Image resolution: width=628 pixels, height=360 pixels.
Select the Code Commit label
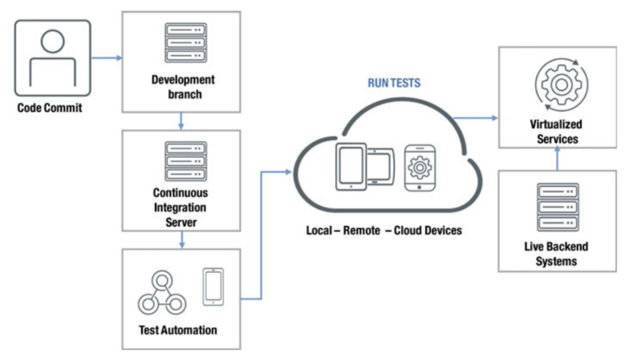pos(50,108)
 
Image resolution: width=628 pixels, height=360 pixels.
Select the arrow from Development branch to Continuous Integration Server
pos(181,121)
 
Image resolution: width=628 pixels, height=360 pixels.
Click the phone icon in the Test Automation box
pos(212,287)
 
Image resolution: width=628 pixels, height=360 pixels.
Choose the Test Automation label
pos(180,329)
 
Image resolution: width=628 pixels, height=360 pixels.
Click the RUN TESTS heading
pos(394,84)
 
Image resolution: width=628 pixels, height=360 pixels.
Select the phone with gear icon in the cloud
pos(418,166)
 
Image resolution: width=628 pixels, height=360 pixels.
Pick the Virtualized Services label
pos(556,132)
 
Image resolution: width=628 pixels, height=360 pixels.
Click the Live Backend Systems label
pos(556,253)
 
